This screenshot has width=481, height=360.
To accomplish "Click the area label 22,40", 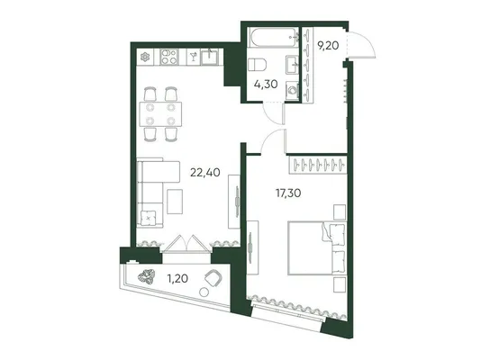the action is (x=204, y=173).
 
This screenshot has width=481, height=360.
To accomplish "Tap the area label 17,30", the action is (x=288, y=193).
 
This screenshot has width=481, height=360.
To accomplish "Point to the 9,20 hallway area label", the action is (x=328, y=46).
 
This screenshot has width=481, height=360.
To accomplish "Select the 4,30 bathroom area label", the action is (x=266, y=84).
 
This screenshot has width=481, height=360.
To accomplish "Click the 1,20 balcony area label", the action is (x=177, y=279).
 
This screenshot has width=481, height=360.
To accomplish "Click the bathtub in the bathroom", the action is (x=273, y=38).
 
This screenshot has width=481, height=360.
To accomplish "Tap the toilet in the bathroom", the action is (x=257, y=65).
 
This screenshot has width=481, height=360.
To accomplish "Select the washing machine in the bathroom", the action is (x=293, y=90).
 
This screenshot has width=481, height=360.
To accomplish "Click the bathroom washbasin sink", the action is (x=293, y=65).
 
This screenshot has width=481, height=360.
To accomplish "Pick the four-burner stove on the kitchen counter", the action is (x=169, y=57).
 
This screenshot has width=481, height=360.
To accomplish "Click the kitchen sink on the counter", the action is (x=210, y=58).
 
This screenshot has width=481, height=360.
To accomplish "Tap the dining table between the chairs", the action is (x=160, y=114).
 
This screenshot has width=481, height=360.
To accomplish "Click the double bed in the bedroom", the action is (x=316, y=248).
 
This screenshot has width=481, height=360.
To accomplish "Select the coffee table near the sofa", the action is (x=175, y=202).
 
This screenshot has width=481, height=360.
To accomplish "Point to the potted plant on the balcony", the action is (x=146, y=276).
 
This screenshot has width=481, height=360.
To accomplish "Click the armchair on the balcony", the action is (x=213, y=278).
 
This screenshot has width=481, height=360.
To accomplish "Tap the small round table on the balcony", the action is (x=204, y=292).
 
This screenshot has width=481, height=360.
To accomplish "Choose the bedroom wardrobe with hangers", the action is (x=318, y=165).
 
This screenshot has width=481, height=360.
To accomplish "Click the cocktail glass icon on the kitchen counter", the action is (x=194, y=57).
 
